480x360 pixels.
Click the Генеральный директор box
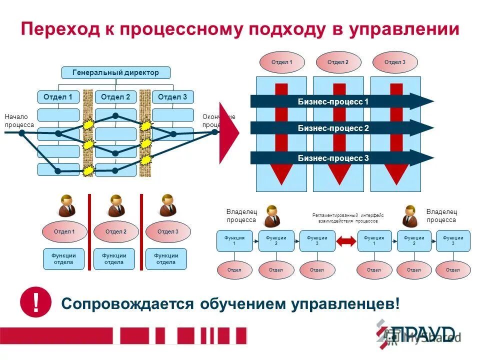115,73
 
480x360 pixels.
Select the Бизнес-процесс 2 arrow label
333,128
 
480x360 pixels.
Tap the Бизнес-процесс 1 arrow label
333,102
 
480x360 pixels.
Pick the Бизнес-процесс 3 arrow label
333,158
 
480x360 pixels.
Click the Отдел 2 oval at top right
338,62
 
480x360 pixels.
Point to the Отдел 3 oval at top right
394,62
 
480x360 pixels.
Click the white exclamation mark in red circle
35,303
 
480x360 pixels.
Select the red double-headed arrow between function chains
345,241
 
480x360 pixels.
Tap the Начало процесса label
19,120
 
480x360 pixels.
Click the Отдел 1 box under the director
58,97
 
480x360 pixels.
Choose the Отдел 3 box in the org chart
172,97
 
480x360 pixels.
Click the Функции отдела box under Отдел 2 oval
114,259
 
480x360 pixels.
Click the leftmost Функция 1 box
234,241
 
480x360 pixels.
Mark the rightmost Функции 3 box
453,241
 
